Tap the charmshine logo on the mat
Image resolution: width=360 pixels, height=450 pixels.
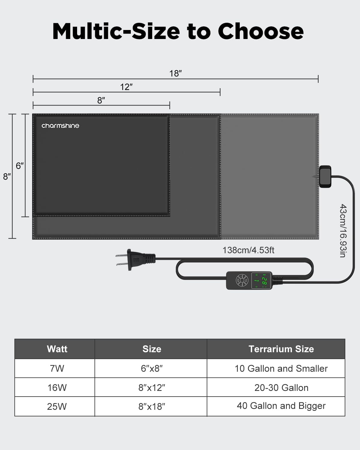point(60,126)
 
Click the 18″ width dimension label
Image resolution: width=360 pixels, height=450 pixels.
point(175,73)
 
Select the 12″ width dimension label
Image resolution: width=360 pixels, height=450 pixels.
point(126,87)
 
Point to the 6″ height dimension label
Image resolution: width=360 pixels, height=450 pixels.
point(20,166)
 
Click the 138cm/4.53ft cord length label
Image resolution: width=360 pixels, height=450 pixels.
point(248,250)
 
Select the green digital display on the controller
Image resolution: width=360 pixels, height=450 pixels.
point(261,281)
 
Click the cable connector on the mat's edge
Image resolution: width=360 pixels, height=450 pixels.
point(325,176)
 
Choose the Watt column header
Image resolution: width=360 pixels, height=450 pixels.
point(57,349)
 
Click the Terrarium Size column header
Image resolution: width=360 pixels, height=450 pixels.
point(281,349)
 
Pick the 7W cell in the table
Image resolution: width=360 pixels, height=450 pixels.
point(57,368)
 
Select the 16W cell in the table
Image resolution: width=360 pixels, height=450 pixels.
point(57,388)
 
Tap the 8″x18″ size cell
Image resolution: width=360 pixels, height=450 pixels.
point(152,406)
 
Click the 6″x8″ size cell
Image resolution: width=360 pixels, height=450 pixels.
point(152,368)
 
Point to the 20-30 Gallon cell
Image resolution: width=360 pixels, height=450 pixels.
point(281,388)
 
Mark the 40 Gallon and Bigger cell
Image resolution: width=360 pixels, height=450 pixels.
point(281,406)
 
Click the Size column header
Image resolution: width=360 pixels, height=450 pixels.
point(152,349)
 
